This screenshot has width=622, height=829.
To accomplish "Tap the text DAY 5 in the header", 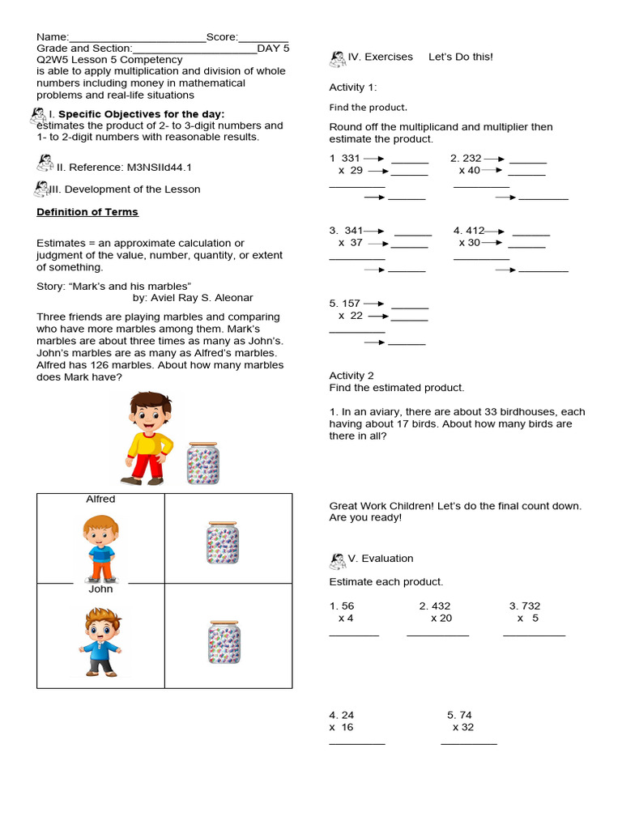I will [273, 49].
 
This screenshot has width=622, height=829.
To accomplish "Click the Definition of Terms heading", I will [87, 212].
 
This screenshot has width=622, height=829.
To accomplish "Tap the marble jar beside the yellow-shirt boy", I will [202, 463].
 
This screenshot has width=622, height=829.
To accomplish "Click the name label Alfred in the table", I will [100, 500].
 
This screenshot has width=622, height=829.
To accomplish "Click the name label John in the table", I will [100, 589].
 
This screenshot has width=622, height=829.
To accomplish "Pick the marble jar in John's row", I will [224, 642].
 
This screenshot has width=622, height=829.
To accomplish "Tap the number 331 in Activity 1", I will [350, 159].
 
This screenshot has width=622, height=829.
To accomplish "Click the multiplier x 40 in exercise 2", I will [469, 171].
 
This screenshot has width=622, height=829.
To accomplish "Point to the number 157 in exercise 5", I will [350, 304].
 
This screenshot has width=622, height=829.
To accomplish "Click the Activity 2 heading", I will [351, 376].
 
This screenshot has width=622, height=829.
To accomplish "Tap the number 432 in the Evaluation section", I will [440, 606].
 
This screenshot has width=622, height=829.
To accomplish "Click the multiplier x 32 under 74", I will [463, 727].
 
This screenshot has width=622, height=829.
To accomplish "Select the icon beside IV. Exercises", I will [338, 58].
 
